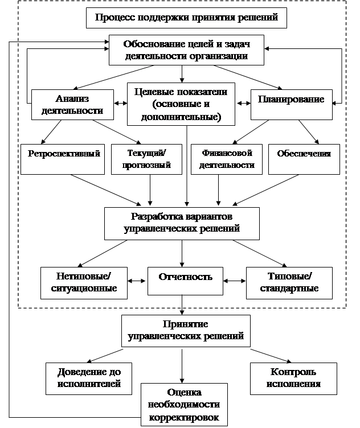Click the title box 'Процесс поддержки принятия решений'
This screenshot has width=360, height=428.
pos(186,18)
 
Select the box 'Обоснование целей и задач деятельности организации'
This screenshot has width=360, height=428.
pos(186,50)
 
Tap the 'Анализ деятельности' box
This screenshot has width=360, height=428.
pos(72,105)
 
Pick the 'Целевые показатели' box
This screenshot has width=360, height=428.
pos(181,104)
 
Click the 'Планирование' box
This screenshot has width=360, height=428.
pos(292,105)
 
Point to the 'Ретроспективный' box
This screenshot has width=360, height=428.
pos(63,159)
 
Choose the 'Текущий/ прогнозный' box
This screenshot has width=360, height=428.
pos(146,159)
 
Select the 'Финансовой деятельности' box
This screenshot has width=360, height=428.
pos(227,159)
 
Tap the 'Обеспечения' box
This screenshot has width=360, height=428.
pos(304,159)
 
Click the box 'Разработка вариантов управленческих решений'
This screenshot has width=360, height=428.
pos(182,224)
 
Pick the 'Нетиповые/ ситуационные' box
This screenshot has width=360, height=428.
pos(84,283)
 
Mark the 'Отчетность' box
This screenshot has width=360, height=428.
pos(185,281)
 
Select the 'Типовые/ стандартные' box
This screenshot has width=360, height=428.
pos(289,283)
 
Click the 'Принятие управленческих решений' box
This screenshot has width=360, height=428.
pos(186,331)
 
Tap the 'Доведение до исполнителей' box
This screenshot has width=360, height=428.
pos(89,378)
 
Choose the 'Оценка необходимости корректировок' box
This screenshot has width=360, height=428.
pos(184,405)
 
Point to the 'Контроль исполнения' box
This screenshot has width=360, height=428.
pos(293,378)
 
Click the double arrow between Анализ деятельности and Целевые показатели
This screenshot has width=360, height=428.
pos(120,103)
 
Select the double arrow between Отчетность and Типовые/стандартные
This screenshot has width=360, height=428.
pos(235,281)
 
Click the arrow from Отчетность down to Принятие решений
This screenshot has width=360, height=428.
pos(182,305)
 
